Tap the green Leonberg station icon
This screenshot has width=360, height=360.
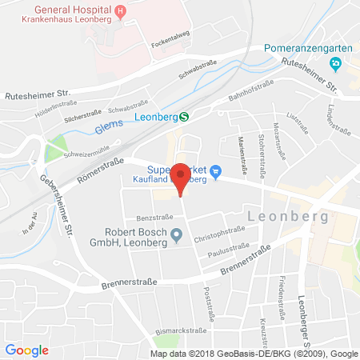point(185,116)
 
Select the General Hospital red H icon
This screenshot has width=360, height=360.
point(121,11)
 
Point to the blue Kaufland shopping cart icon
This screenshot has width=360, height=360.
point(214,170)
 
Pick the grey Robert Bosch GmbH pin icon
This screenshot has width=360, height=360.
point(177,234)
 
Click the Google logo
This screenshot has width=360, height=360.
point(27,350)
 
